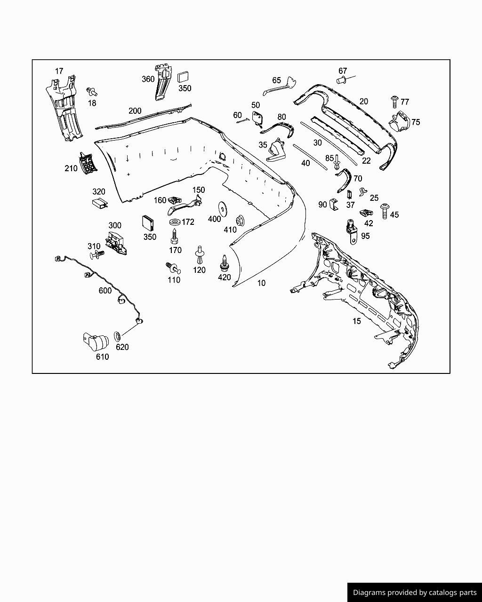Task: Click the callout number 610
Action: point(102,357)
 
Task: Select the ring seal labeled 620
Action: point(117,337)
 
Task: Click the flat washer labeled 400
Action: point(221,208)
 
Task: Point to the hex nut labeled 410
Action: point(240,219)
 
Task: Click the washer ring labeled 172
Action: point(174,222)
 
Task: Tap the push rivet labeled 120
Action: point(200,255)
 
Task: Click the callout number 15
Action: point(357,321)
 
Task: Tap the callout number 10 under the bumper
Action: point(261,283)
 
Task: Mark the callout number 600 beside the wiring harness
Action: point(105,291)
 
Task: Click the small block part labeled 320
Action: point(99,203)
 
